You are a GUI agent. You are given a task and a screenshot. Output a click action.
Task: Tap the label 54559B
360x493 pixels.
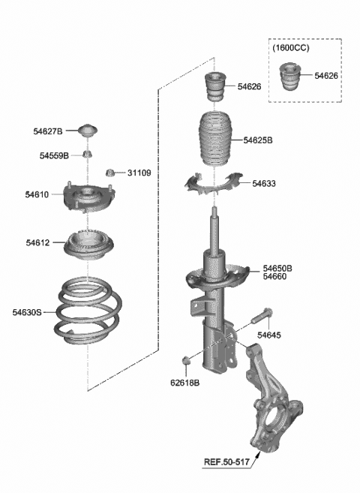(54, 155)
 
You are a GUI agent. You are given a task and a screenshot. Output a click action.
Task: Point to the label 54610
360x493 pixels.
(37, 195)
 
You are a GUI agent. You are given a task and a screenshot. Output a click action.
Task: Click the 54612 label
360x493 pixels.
(37, 242)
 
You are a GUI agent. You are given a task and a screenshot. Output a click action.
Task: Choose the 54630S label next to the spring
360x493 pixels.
(28, 311)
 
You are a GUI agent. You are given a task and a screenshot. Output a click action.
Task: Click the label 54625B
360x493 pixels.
(257, 140)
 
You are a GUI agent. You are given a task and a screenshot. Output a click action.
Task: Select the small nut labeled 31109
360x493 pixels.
(109, 173)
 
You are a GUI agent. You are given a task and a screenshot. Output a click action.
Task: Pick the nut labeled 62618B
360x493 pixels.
(187, 362)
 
